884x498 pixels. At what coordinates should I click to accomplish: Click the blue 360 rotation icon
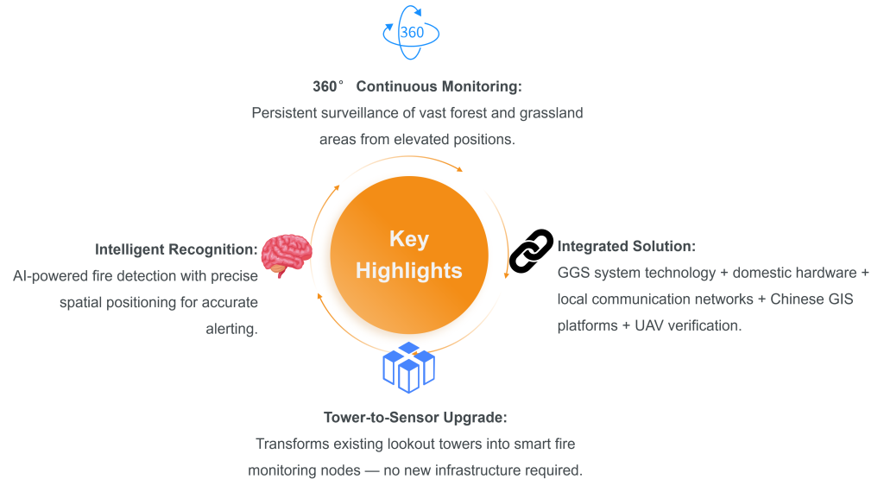411,33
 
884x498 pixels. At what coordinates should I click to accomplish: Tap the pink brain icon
287,255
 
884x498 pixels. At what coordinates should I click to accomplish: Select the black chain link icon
531,250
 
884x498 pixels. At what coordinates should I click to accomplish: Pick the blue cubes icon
408,368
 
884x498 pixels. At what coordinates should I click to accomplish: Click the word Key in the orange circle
408,239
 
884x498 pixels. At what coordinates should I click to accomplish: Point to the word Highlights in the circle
408,271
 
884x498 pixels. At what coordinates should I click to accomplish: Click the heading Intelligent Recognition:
176,249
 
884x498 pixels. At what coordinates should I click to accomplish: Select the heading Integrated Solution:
627,246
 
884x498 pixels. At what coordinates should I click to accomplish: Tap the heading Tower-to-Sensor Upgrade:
415,418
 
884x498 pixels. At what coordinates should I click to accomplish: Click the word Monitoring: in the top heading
482,87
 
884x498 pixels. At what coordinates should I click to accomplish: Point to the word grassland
552,113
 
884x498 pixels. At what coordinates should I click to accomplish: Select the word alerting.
231,329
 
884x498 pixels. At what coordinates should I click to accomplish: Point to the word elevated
421,140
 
